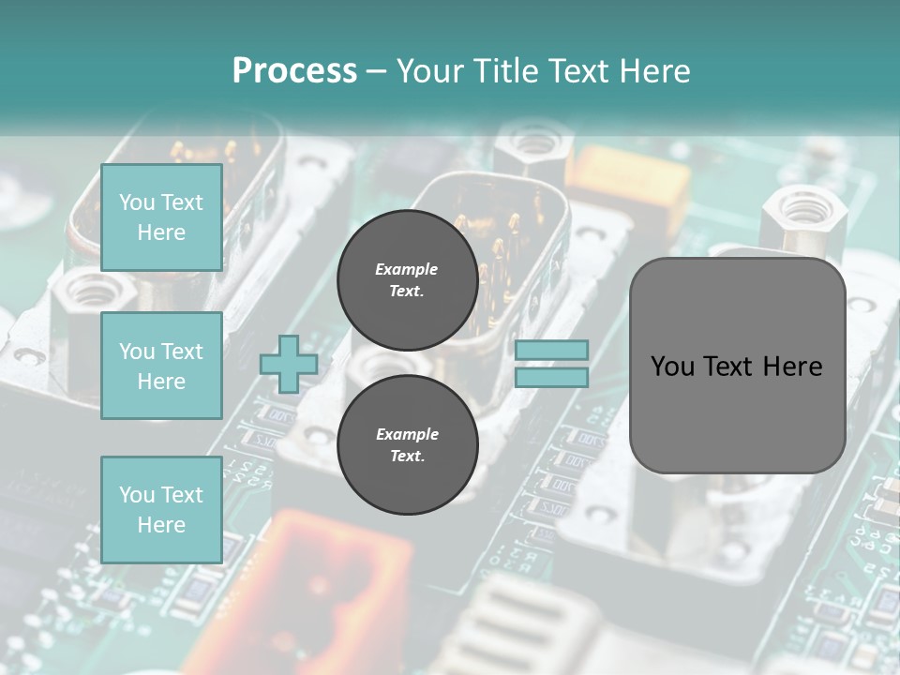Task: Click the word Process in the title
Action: (x=294, y=71)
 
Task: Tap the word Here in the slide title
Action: (x=654, y=71)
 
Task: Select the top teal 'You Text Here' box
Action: (x=161, y=217)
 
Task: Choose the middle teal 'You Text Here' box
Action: (x=161, y=366)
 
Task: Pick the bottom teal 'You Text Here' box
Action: (x=161, y=510)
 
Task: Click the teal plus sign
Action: (x=288, y=365)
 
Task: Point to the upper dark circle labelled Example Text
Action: (x=407, y=279)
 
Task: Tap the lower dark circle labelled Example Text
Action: (x=407, y=444)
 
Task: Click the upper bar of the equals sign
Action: (x=551, y=351)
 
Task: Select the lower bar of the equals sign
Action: (x=551, y=378)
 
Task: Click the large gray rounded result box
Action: (x=737, y=412)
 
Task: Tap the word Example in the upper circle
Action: (x=407, y=269)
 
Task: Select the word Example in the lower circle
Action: (x=407, y=434)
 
